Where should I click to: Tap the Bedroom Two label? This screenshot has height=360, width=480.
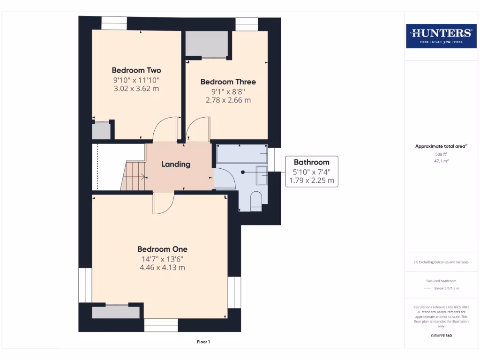coord(136,70)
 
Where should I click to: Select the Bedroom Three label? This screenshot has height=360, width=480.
coord(228,82)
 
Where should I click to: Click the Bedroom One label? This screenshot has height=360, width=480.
coord(162,249)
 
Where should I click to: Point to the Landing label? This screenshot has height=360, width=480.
coord(176,164)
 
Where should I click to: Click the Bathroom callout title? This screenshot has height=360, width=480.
coord(311,162)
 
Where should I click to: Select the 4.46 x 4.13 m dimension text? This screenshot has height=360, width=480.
coord(162,268)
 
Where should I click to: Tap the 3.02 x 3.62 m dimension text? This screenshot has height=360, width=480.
coord(136,88)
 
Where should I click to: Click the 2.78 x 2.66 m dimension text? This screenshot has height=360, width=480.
coord(228,100)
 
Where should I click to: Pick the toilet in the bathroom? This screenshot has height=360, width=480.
coord(256,201)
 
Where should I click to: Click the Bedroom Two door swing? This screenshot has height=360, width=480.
coord(165,128)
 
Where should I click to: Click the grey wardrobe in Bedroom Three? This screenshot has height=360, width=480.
coord(207,44)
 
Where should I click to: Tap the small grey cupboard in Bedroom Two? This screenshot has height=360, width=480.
coord(101,130)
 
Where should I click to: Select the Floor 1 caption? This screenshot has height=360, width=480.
coord(203,342)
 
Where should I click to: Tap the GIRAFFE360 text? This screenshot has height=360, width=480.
coord(441,336)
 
